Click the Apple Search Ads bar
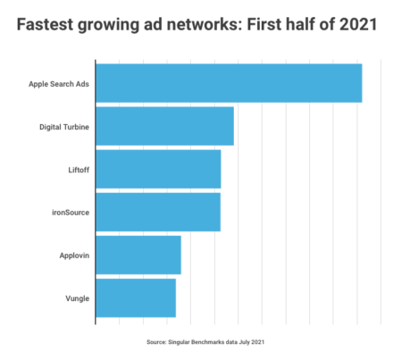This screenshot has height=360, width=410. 228,83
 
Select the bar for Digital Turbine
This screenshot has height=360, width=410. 164,126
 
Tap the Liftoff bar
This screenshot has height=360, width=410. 158,169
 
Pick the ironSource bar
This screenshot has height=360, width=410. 158,212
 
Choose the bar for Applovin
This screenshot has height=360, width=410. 138,255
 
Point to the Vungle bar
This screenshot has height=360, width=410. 136,297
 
